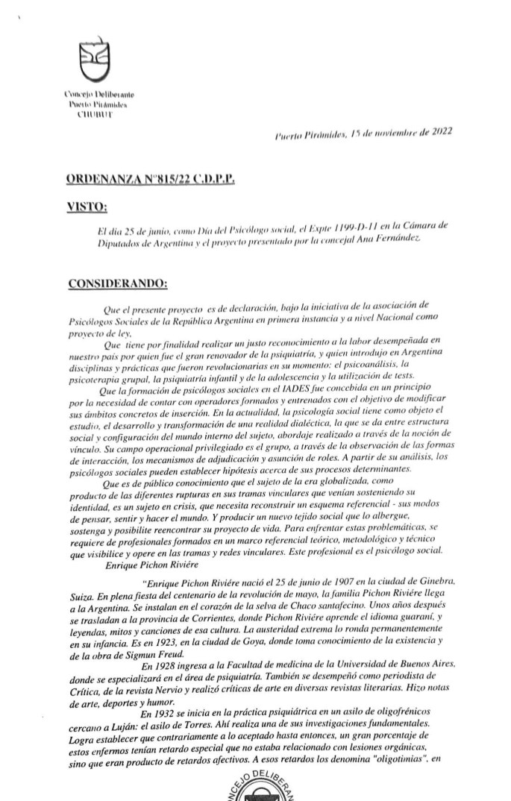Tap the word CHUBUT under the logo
97,114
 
